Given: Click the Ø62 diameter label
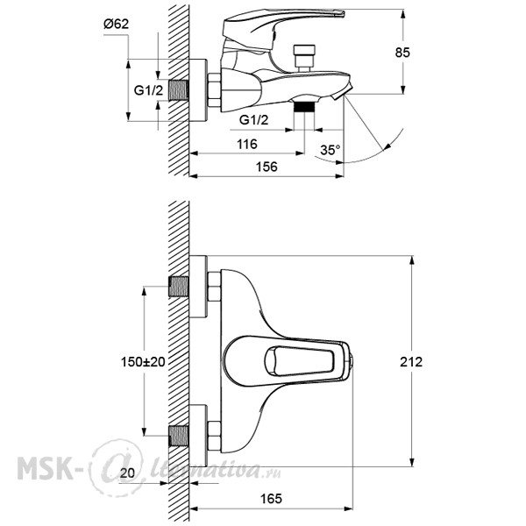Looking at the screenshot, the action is click(116, 25).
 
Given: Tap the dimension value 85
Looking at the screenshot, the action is click(402, 53).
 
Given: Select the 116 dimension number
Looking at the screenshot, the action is click(247, 145).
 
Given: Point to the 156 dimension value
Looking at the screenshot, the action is click(267, 167).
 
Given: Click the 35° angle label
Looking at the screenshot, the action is click(331, 150).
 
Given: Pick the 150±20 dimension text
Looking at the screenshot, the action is click(143, 361).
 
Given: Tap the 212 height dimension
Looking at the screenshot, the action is click(411, 361).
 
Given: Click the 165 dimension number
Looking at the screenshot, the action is click(271, 499).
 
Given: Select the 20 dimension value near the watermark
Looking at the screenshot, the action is click(127, 473).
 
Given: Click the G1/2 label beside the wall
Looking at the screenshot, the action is click(149, 90).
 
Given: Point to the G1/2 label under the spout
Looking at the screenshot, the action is click(254, 120).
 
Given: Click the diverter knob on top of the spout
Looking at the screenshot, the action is click(304, 57).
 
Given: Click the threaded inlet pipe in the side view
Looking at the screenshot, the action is click(179, 90).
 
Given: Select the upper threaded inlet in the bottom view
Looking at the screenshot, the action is click(179, 287).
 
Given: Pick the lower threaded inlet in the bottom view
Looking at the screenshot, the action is click(179, 436).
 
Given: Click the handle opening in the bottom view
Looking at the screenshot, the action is click(299, 361).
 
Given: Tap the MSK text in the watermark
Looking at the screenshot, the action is click(45, 468).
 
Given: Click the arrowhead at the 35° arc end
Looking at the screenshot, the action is click(387, 146).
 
